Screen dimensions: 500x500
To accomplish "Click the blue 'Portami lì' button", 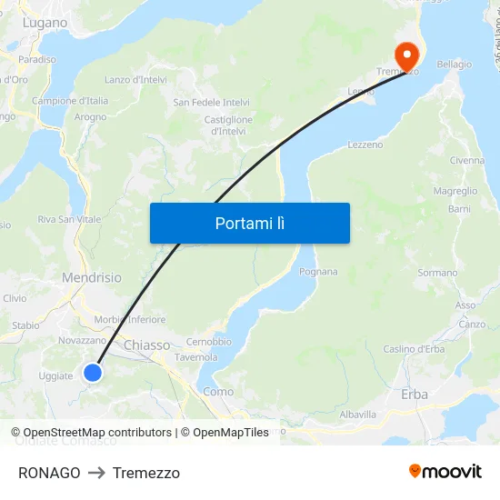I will [x=249, y=223].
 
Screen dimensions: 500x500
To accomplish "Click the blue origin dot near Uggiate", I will [x=93, y=372].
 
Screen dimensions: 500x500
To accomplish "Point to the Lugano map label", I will [x=45, y=23].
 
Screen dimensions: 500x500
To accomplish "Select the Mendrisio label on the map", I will [x=91, y=276].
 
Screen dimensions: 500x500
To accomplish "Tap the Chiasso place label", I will [x=146, y=345].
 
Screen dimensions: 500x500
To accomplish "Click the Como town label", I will [x=218, y=392].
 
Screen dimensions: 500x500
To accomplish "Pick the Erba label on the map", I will [x=415, y=395].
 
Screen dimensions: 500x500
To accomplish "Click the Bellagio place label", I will [x=455, y=65].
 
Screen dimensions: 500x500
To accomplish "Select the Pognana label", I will [x=318, y=272].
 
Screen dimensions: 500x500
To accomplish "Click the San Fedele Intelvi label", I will [x=212, y=103].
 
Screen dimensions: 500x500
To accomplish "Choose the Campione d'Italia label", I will [x=70, y=101].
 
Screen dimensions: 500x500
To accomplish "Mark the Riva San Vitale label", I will [x=69, y=220].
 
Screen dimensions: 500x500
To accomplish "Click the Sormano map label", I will [x=437, y=273].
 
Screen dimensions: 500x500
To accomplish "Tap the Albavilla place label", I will [x=357, y=415].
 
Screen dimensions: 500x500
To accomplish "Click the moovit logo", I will [x=445, y=471].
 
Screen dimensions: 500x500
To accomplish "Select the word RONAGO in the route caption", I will [x=49, y=473].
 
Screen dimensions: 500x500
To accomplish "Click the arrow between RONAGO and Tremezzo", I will [x=96, y=473].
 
